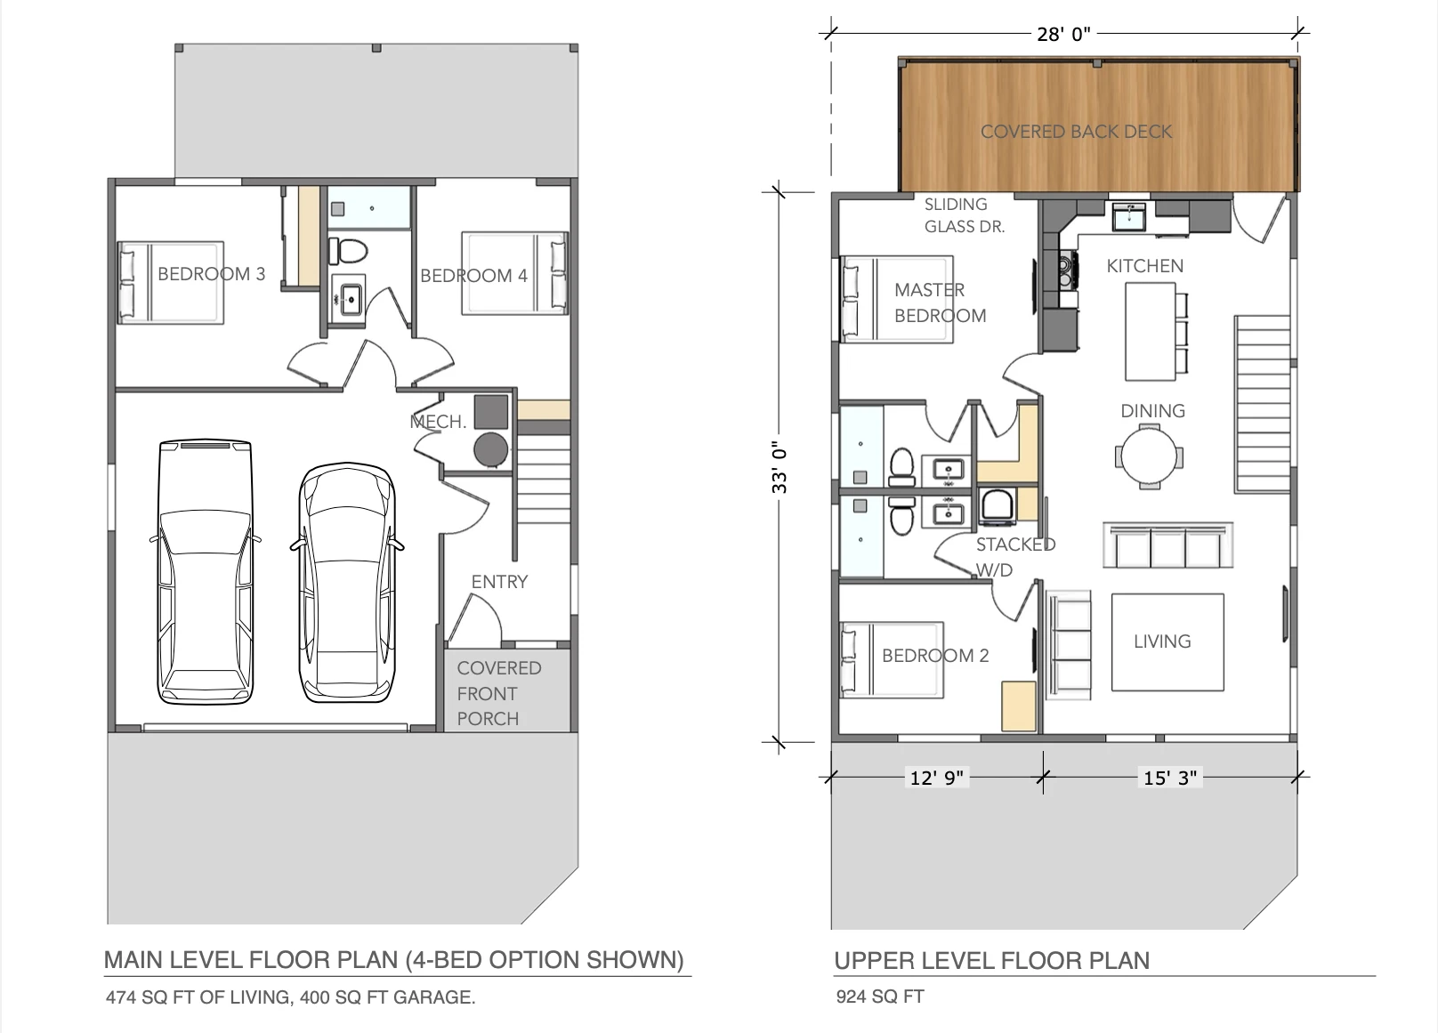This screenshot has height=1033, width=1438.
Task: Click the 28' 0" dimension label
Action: (x=1063, y=34)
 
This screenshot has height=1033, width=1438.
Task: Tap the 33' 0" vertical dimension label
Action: (x=780, y=467)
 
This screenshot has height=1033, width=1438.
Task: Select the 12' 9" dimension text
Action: (x=937, y=778)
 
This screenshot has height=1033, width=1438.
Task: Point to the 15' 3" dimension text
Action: (x=1169, y=778)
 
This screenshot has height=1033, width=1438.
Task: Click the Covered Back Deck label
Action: (x=1076, y=132)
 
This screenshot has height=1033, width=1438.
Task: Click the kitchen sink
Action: (x=1133, y=216)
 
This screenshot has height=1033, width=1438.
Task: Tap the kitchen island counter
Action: (x=1151, y=331)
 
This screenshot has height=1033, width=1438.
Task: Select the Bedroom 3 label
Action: (x=211, y=274)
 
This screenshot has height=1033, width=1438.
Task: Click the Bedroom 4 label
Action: (x=473, y=276)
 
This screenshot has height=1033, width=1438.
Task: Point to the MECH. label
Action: (x=438, y=422)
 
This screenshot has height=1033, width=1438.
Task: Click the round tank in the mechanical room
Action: (x=491, y=449)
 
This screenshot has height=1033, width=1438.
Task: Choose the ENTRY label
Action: (x=499, y=582)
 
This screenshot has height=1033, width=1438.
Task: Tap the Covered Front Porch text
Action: (x=499, y=693)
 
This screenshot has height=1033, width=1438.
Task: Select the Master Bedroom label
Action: (x=940, y=303)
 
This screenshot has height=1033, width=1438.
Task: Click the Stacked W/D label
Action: (x=1015, y=557)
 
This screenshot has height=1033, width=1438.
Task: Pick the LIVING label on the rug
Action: (x=1162, y=642)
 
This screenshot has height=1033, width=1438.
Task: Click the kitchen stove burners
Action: (x=1068, y=269)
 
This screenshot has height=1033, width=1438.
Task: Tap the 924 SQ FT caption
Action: (x=879, y=997)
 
